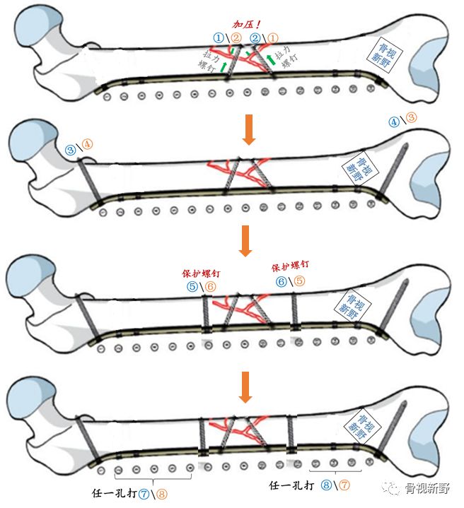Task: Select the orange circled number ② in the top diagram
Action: (x=236, y=37)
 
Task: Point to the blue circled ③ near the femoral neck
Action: (x=70, y=150)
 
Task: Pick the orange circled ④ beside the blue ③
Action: (x=87, y=146)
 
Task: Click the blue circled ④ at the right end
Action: (x=395, y=121)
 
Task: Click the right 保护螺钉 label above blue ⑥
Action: (x=291, y=268)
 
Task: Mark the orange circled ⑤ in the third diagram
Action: (x=300, y=280)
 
